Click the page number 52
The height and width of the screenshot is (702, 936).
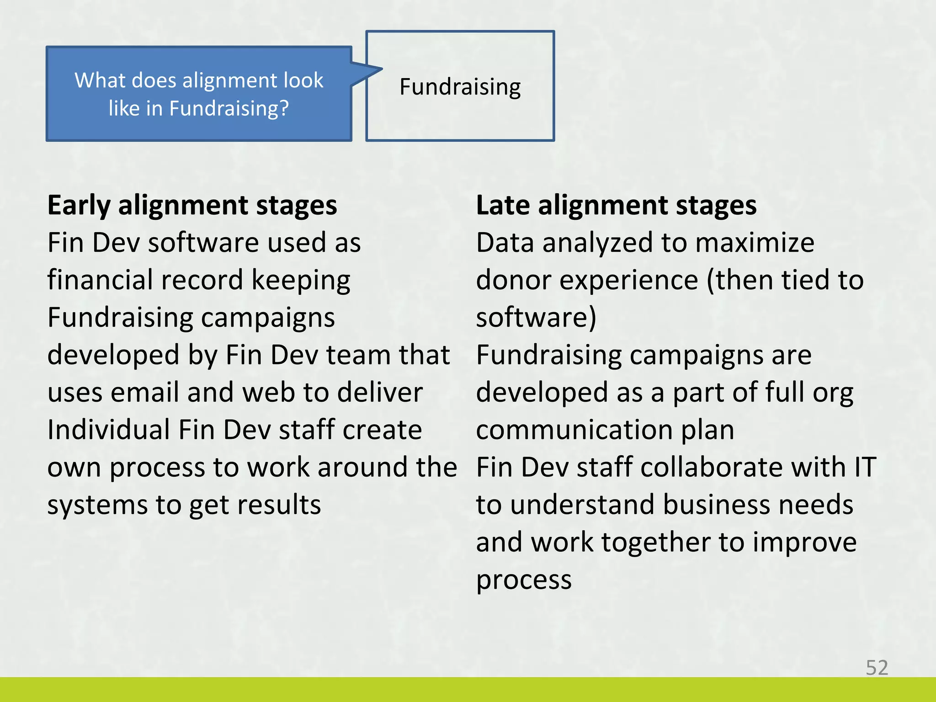click(877, 668)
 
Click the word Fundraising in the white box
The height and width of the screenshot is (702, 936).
click(460, 87)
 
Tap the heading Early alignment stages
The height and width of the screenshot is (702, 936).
click(192, 205)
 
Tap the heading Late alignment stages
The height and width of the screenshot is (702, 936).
click(616, 205)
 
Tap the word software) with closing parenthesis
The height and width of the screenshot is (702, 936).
click(536, 318)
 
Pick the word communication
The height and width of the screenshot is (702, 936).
click(574, 430)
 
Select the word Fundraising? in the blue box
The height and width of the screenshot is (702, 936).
click(229, 109)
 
